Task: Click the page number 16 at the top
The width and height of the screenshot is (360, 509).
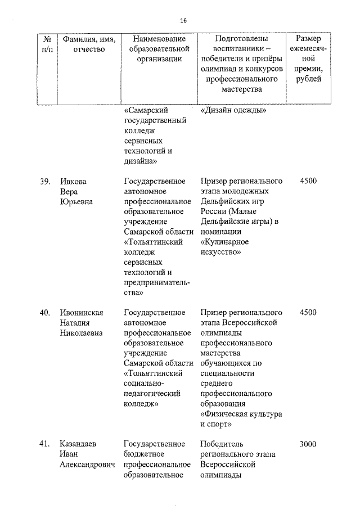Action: (183, 21)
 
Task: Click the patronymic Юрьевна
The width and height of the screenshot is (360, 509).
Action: (76, 202)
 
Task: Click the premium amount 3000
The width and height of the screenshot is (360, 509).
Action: (308, 444)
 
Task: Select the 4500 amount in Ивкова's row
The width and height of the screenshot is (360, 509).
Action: (308, 181)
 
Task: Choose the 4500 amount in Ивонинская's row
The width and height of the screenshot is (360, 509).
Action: (308, 312)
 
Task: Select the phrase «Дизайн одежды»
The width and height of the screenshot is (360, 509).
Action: (233, 110)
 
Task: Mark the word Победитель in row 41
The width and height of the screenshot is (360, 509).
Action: (222, 444)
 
